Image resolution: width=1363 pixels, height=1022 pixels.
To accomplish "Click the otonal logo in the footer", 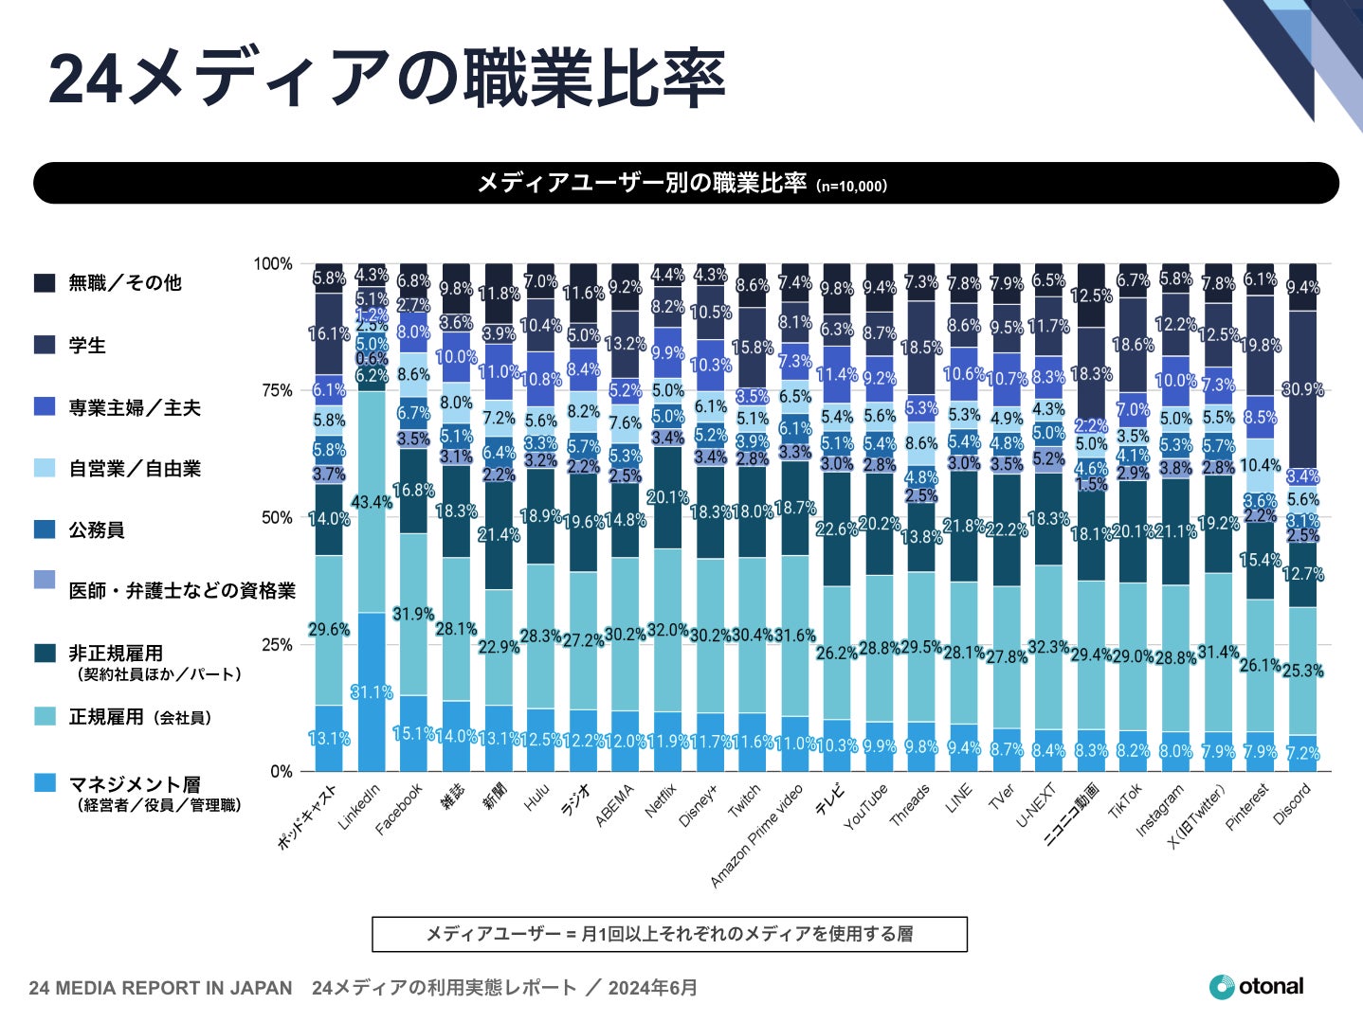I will click(x=1257, y=987).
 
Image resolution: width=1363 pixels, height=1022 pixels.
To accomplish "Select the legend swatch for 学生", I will click(x=45, y=345).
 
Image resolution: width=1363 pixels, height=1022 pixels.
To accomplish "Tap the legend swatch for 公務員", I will click(x=45, y=529).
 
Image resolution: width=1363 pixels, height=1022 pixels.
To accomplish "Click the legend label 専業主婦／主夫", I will click(x=135, y=407).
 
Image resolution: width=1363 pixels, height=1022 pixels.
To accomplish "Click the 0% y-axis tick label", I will click(x=281, y=771).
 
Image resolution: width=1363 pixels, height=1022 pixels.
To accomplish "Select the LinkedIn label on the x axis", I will click(x=359, y=807).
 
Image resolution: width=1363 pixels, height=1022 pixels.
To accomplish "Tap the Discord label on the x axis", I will click(x=1292, y=805).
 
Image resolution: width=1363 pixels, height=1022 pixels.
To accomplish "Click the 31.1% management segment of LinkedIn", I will click(x=372, y=692).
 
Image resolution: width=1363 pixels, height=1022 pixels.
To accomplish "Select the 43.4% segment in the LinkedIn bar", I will click(x=372, y=502).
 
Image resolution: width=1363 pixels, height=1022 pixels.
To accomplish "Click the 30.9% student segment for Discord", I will click(x=1302, y=389).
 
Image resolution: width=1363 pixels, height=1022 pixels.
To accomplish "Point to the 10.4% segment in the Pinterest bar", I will click(x=1260, y=465).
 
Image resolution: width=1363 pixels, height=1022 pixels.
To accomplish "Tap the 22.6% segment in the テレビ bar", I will click(x=837, y=529).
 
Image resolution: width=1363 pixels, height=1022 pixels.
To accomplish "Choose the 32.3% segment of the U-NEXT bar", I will click(x=1048, y=648).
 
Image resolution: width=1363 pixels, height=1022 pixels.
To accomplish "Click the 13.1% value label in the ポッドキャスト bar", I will click(x=329, y=739).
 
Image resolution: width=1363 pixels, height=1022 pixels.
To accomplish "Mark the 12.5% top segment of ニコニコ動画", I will click(x=1091, y=296).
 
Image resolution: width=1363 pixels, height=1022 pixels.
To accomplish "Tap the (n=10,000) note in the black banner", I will click(x=851, y=186).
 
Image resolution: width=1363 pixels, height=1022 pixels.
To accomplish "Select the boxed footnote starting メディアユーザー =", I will click(x=669, y=934).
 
